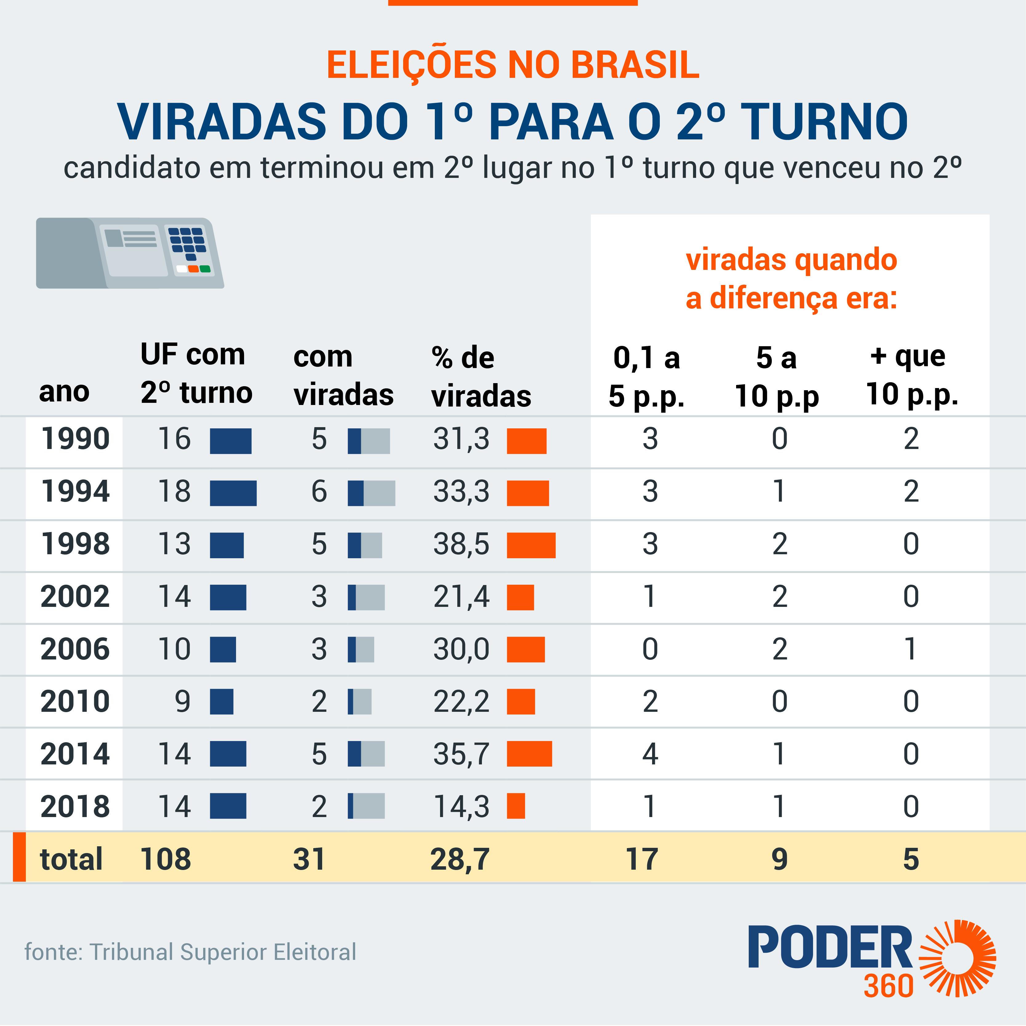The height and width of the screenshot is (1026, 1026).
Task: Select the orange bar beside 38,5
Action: (x=531, y=545)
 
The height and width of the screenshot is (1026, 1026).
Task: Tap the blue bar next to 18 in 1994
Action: (x=233, y=493)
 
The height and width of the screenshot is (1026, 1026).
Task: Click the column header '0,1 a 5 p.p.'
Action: (x=646, y=377)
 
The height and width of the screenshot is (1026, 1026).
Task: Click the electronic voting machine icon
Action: (x=130, y=253)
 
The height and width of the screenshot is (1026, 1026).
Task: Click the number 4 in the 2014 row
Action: (x=650, y=754)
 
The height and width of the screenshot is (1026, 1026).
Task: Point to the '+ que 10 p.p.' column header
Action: (x=911, y=375)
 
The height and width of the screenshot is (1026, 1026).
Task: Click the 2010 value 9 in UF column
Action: (x=182, y=702)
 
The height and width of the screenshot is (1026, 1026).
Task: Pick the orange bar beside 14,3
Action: (x=516, y=806)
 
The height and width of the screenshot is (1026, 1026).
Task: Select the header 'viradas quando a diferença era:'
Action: (x=791, y=279)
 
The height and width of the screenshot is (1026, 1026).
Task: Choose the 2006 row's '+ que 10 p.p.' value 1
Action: (x=910, y=649)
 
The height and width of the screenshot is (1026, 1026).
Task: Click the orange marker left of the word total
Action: (x=19, y=857)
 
